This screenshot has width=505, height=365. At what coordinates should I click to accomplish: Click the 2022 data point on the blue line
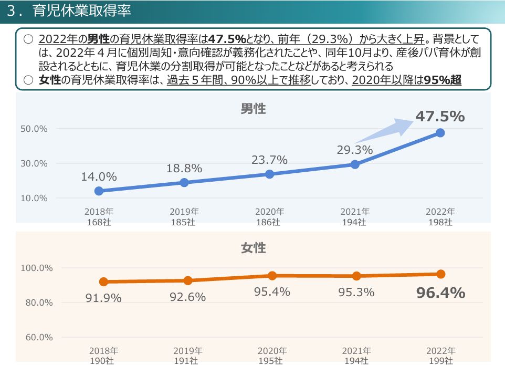pyautogui.click(x=440, y=133)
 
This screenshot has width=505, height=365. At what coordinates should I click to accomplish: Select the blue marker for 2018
pyautogui.click(x=99, y=191)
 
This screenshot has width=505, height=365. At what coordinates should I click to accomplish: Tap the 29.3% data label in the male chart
pyautogui.click(x=355, y=150)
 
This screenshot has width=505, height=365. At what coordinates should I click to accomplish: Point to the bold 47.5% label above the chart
pyautogui.click(x=440, y=117)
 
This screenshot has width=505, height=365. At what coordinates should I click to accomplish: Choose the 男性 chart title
pyautogui.click(x=253, y=109)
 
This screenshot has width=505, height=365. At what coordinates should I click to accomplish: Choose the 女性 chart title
pyautogui.click(x=253, y=248)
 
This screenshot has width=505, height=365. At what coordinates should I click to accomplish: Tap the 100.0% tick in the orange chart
pyautogui.click(x=36, y=268)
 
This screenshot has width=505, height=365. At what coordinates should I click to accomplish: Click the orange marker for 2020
pyautogui.click(x=272, y=276)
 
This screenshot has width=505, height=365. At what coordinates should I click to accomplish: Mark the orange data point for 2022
pyautogui.click(x=440, y=274)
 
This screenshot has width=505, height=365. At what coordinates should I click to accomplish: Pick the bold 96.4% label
pyautogui.click(x=440, y=293)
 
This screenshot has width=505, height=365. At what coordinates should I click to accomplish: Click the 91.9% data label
pyautogui.click(x=103, y=298)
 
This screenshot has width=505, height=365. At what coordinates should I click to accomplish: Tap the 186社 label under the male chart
pyautogui.click(x=269, y=222)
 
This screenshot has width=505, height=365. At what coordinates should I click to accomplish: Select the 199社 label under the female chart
pyautogui.click(x=440, y=361)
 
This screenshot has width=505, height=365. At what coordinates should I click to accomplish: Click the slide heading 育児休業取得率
pyautogui.click(x=81, y=11)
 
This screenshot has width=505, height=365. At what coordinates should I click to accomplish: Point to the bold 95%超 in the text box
pyautogui.click(x=443, y=80)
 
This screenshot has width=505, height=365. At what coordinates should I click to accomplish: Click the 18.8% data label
pyautogui.click(x=184, y=169)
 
